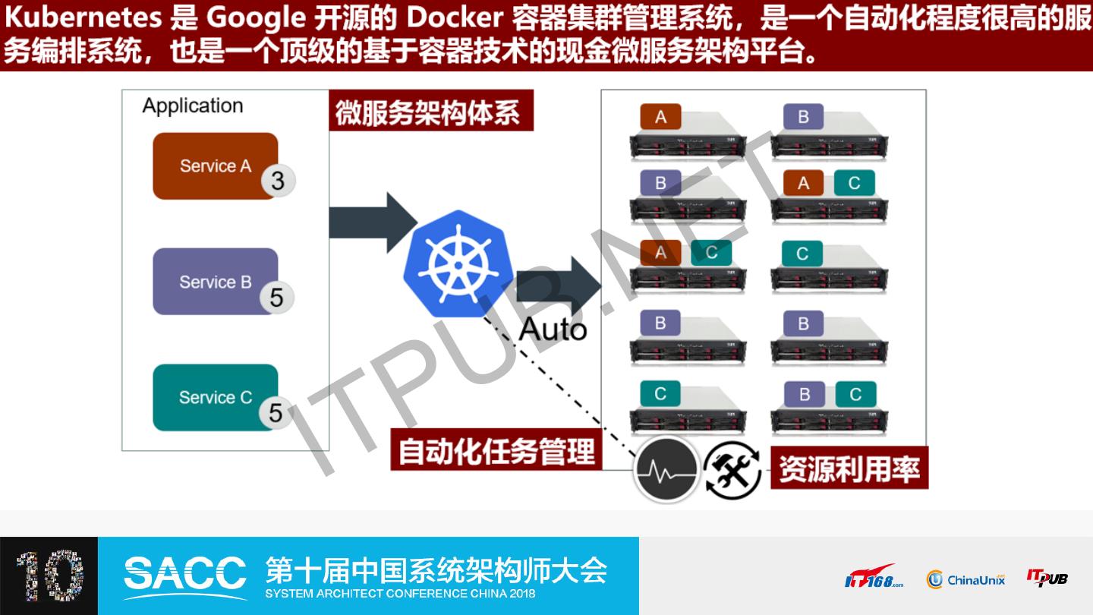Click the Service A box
pos(215,166)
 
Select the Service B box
pos(215,282)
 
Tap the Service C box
pos(215,397)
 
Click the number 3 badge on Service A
pos(278,181)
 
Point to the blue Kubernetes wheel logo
pos(458,263)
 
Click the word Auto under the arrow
pos(553,330)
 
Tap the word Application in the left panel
pos(193,106)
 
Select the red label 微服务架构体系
pos(430,112)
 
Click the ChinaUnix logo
pos(965,579)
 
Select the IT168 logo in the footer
pos(874,578)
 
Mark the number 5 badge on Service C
pos(276,412)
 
